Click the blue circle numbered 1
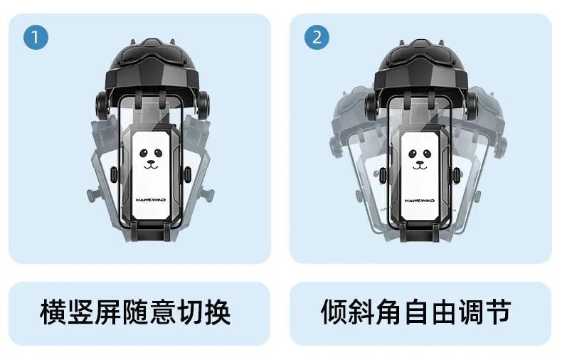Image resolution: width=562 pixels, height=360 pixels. pyautogui.click(x=36, y=37)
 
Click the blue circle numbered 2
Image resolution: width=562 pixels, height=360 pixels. pyautogui.click(x=317, y=37)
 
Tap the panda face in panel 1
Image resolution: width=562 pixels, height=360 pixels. pyautogui.click(x=151, y=158)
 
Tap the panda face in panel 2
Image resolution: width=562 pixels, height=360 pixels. pyautogui.click(x=420, y=158)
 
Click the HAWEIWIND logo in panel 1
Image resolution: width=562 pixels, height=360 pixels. pyautogui.click(x=151, y=200)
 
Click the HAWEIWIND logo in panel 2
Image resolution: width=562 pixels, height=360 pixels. pyautogui.click(x=420, y=201)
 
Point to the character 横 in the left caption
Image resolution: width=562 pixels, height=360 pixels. pyautogui.click(x=53, y=312)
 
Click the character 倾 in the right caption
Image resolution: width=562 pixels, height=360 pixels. pyautogui.click(x=334, y=312)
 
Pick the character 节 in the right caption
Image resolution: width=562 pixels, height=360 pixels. pyautogui.click(x=499, y=312)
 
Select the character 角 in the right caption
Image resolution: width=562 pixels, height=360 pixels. pyautogui.click(x=389, y=312)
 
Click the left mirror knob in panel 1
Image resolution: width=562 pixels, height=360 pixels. pyautogui.click(x=102, y=105)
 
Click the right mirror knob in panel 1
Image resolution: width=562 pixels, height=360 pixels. pyautogui.click(x=203, y=105)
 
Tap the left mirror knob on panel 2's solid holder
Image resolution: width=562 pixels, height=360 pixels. pyautogui.click(x=371, y=105)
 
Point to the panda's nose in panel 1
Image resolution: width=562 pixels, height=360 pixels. pyautogui.click(x=151, y=162)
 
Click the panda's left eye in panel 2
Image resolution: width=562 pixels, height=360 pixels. pyautogui.click(x=413, y=154)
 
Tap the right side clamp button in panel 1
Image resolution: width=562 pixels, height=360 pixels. pyautogui.click(x=187, y=174)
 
